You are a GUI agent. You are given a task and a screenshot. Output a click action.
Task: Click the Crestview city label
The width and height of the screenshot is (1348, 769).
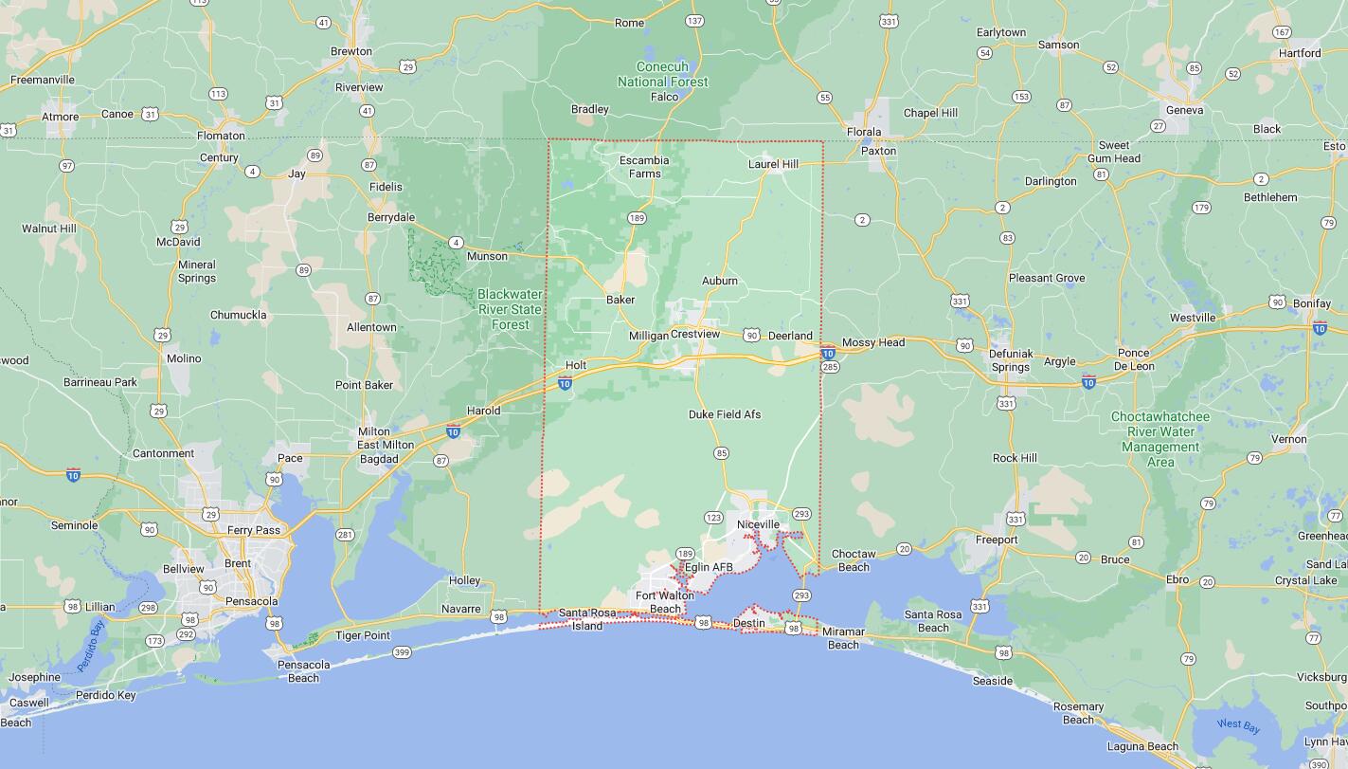point(695,335)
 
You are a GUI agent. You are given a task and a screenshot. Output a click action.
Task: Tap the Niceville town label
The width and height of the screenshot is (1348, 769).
point(758,524)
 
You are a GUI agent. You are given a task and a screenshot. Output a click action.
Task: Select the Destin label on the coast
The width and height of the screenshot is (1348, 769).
point(748,623)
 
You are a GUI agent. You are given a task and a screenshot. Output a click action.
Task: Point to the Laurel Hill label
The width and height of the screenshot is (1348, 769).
point(773,164)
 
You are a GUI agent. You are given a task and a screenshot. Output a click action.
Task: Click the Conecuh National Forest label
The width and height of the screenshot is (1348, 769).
point(663,75)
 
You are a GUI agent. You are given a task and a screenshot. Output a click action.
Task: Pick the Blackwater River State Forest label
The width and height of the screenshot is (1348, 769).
point(510,309)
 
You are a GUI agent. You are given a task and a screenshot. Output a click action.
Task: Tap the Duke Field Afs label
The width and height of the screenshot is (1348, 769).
point(725,414)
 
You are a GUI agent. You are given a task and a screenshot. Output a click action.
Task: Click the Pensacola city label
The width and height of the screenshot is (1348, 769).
point(252,601)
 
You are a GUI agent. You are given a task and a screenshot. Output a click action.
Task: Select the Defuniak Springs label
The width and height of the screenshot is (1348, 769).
point(1010,360)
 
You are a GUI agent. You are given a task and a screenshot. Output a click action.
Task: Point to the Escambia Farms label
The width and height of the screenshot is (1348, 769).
point(644,167)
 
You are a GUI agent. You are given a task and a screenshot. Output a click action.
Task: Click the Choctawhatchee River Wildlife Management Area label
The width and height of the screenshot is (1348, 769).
point(1160,439)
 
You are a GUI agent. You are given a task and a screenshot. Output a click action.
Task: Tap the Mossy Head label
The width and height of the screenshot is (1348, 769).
point(873,342)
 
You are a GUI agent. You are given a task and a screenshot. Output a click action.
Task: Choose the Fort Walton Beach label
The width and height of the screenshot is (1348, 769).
point(664,602)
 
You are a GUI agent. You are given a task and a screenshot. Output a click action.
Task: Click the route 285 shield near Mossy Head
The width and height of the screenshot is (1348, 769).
point(830,367)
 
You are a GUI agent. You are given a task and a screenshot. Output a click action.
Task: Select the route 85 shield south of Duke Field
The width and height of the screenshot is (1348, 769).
point(722,453)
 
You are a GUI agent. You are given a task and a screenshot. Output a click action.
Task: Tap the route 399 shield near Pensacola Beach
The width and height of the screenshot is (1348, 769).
point(402,652)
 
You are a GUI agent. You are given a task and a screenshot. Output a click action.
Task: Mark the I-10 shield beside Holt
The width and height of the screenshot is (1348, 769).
point(565,383)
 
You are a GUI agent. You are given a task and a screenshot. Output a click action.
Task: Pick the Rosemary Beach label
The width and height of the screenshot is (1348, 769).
point(1079,713)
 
